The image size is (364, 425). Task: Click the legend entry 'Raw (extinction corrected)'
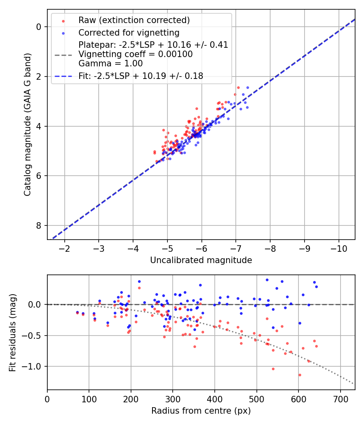click(x=134, y=20)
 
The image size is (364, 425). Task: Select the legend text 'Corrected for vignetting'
click(x=129, y=32)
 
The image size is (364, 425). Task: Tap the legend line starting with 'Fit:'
click(x=141, y=76)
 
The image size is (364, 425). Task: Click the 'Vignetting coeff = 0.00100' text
click(x=135, y=54)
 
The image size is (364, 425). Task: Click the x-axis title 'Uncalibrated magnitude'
click(x=201, y=260)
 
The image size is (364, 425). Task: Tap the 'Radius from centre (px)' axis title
click(x=201, y=411)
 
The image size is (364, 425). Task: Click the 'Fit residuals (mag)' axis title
click(x=13, y=332)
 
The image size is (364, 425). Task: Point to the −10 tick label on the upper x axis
click(x=338, y=248)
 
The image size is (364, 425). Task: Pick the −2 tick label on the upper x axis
click(x=64, y=248)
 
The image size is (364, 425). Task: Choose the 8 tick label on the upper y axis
click(x=39, y=225)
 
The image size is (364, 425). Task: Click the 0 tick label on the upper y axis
click(x=39, y=27)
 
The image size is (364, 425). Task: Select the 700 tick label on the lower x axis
click(x=340, y=399)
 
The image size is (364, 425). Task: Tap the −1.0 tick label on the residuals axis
click(x=34, y=366)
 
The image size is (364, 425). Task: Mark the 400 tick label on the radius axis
click(x=215, y=399)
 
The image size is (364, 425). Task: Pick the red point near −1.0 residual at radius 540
click(x=273, y=369)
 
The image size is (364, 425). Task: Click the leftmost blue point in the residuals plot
click(x=77, y=312)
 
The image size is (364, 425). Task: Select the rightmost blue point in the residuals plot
click(x=316, y=287)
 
